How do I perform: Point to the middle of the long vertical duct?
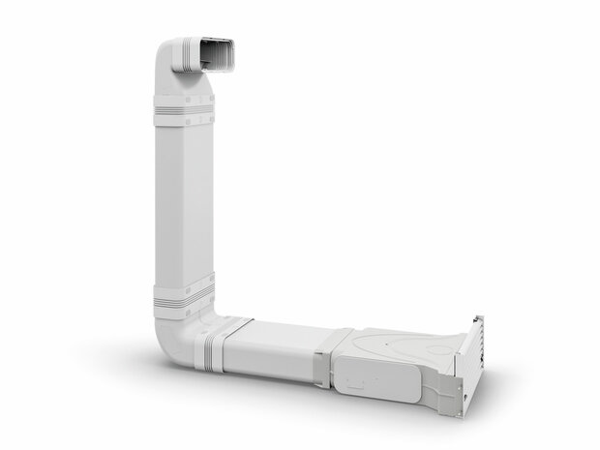click(182, 203)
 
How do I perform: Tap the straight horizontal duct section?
click(274, 348)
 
